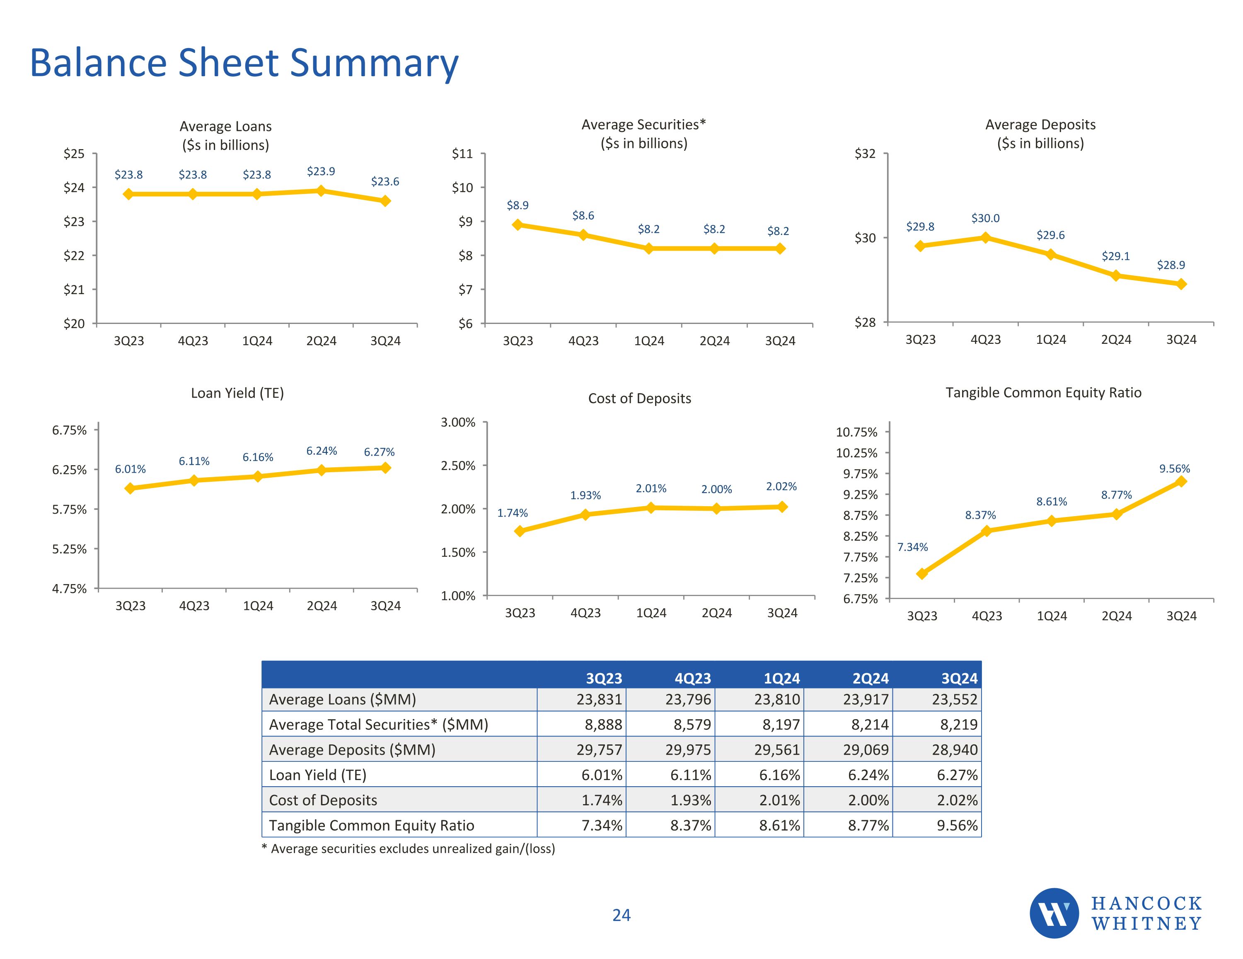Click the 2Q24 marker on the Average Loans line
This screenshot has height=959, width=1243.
click(x=321, y=191)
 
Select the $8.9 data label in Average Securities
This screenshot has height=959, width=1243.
click(x=518, y=205)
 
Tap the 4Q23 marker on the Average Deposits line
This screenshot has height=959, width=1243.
click(x=985, y=238)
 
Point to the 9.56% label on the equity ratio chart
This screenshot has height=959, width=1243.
click(x=1174, y=469)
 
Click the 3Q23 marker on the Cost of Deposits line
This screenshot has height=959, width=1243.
click(x=520, y=531)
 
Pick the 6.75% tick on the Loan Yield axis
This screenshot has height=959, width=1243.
click(x=70, y=430)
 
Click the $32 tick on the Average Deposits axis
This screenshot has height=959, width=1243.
click(x=865, y=154)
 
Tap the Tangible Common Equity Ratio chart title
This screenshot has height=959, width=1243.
click(x=1043, y=393)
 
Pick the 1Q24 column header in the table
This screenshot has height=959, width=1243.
click(x=781, y=679)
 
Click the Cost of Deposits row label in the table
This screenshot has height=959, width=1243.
click(x=323, y=800)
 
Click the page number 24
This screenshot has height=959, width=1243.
click(x=621, y=915)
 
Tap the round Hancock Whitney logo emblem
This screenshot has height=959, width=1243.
click(x=1054, y=913)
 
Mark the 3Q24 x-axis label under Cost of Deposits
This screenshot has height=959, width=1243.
click(x=782, y=613)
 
